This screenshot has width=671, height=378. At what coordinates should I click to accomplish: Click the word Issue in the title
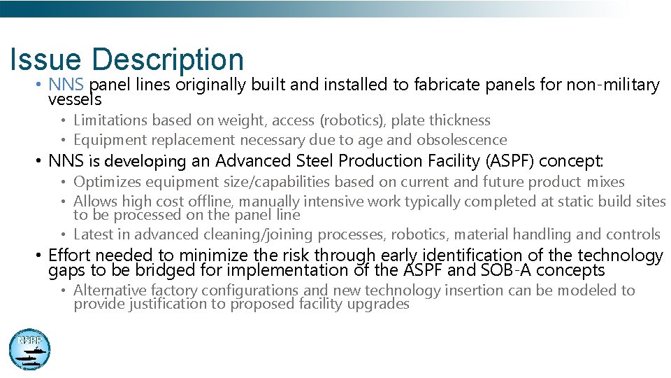coord(45,60)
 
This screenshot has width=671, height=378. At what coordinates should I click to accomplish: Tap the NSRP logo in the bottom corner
coord(29,349)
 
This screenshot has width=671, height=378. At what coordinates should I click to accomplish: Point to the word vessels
coord(74,99)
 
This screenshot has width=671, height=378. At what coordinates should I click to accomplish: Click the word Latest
coord(92,234)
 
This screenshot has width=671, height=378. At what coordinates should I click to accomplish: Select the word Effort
coord(69,255)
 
